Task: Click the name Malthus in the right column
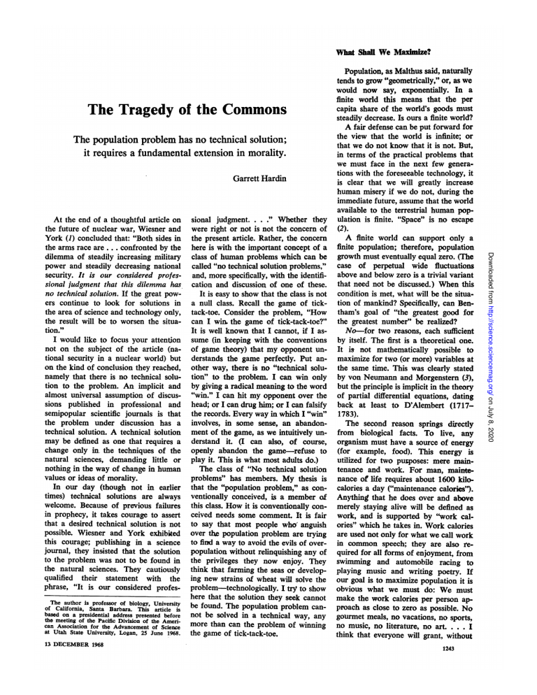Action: coord(419,71)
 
